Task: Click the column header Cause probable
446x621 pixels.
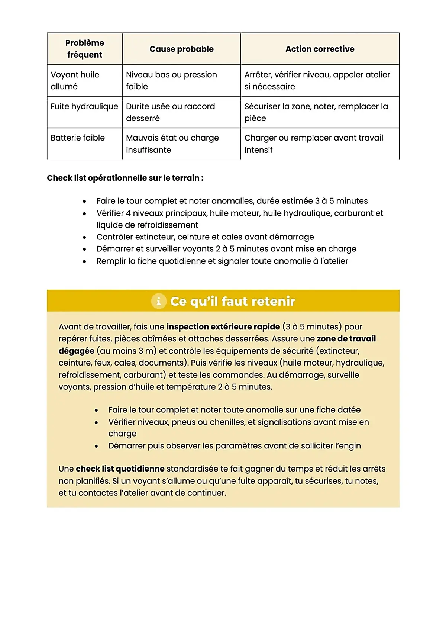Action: [x=181, y=49]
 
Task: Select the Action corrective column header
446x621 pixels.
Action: [x=320, y=49]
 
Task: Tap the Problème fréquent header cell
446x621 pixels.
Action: [x=85, y=49]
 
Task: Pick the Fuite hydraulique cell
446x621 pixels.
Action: [x=84, y=106]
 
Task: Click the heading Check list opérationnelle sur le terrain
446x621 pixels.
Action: [x=125, y=178]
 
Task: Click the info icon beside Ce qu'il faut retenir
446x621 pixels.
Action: [x=159, y=301]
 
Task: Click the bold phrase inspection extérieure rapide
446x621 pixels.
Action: [x=223, y=327]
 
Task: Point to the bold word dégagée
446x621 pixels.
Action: [x=76, y=351]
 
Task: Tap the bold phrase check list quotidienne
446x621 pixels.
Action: [x=120, y=469]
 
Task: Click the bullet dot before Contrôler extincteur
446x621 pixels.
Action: [x=85, y=237]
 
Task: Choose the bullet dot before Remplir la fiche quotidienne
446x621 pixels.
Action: [x=85, y=261]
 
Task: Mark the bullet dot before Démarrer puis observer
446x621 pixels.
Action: [x=96, y=446]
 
